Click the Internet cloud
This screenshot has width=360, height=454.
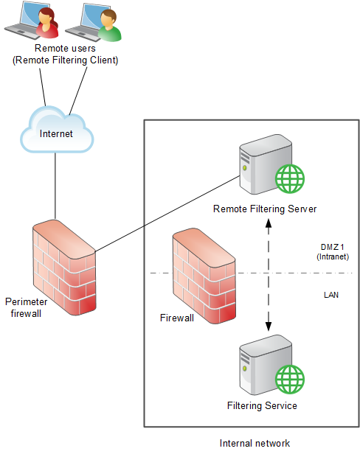57,130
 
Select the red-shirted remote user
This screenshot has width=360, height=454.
47,23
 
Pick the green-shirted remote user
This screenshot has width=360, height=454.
109,25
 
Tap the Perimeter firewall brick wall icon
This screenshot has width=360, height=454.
64,267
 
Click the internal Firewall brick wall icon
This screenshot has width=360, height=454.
204,276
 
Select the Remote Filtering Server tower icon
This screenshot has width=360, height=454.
266,164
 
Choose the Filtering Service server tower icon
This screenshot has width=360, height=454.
266,365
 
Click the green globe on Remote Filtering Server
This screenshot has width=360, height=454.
290,178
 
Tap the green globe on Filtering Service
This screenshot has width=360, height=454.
290,380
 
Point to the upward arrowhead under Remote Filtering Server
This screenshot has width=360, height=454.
269,223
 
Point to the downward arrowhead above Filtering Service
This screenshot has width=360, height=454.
269,326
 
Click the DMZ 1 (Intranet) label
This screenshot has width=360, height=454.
333,251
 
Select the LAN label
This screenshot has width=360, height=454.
331,295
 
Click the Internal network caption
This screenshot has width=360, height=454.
255,443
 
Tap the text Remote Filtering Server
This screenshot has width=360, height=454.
265,209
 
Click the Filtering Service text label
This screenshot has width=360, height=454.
262,405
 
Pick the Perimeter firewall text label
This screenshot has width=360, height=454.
26,307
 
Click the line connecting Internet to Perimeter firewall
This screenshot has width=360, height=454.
55,186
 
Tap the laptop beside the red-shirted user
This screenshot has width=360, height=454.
27,21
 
